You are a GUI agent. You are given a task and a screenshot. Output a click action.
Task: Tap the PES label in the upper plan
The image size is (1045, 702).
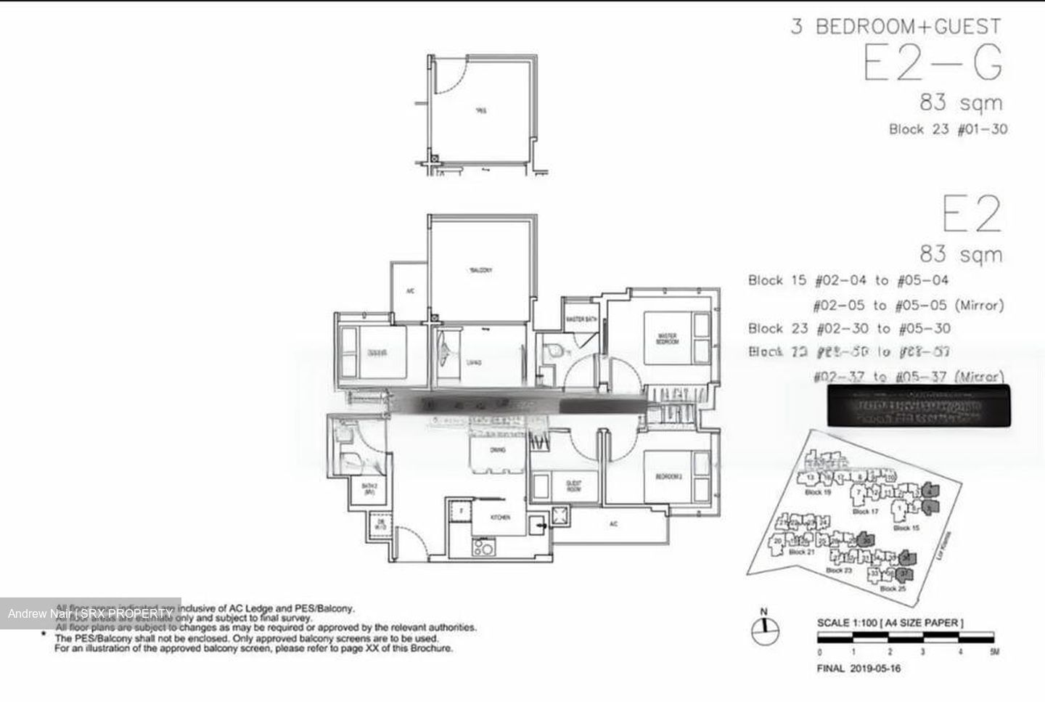[x=481, y=111]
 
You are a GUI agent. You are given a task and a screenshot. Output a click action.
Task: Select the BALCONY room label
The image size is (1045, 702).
[x=481, y=270]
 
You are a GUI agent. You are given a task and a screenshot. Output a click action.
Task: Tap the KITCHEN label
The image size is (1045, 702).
[x=500, y=517]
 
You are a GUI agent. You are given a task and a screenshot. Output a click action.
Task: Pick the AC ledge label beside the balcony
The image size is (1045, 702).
[x=410, y=291]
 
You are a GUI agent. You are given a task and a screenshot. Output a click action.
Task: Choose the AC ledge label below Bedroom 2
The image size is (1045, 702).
[x=613, y=524]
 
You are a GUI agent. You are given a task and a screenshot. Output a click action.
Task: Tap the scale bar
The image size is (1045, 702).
[x=907, y=639]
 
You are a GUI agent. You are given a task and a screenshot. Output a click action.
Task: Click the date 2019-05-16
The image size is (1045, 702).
[x=875, y=669]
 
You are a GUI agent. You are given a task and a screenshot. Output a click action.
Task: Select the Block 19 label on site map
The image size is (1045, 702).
[x=817, y=492]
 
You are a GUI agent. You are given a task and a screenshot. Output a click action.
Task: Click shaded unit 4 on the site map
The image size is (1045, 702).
[x=931, y=491]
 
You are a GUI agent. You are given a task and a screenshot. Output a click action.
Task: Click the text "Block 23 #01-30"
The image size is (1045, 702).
[x=948, y=130]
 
